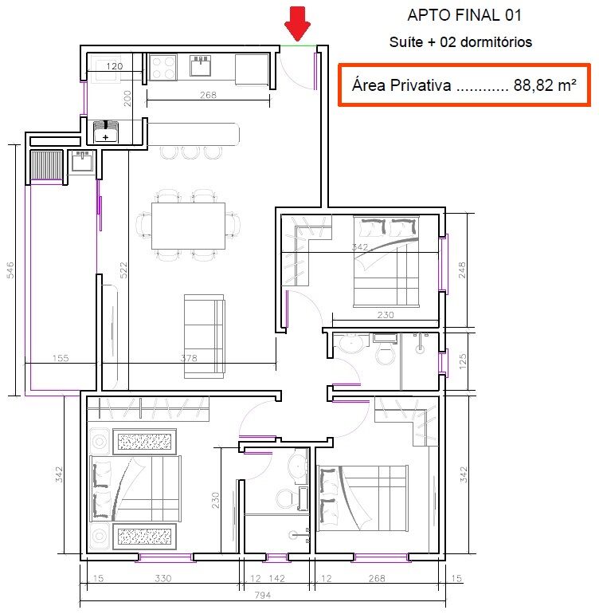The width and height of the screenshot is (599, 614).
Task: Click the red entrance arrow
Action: (x=298, y=22)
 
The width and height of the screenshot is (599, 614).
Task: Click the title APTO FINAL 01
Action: (x=454, y=15)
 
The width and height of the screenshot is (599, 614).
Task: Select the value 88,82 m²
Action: (x=545, y=85)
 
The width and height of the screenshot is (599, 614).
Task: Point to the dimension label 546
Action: (x=10, y=270)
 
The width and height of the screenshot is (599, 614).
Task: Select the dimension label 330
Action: (x=163, y=579)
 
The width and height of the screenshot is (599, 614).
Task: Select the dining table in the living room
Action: (x=188, y=225)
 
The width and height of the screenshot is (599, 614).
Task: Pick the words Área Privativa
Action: (x=401, y=85)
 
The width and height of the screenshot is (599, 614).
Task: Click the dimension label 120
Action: (x=114, y=66)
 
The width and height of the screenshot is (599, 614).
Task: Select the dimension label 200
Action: (x=127, y=99)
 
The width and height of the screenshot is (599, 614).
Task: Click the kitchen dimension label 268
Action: (x=208, y=96)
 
